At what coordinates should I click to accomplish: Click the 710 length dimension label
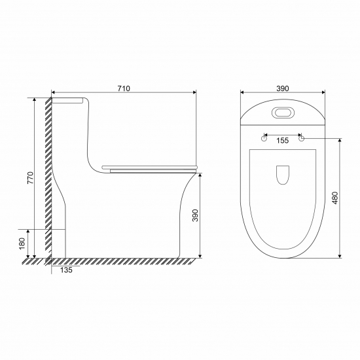pos(124,88)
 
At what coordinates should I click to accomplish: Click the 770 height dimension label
pos(31,177)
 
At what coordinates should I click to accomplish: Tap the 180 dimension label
pos(22,243)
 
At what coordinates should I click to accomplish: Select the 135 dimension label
pos(66,270)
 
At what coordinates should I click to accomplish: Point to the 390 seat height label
pos(195,215)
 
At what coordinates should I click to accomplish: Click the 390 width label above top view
pos(283,88)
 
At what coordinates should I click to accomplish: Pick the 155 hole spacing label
pos(282,140)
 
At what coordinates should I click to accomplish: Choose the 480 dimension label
pos(335,198)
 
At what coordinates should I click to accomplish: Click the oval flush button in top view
pos(283,113)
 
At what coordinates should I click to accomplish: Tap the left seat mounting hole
pos(264,139)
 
